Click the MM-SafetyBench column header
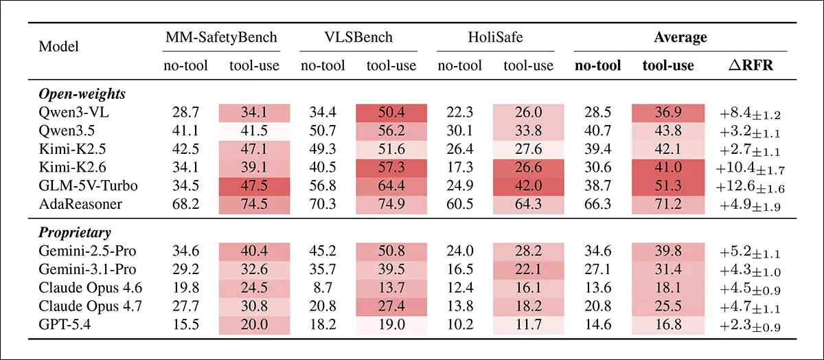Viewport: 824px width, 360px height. pyautogui.click(x=221, y=37)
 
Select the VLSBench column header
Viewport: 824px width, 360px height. pyautogui.click(x=358, y=37)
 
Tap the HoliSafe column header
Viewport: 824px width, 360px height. pyautogui.click(x=495, y=37)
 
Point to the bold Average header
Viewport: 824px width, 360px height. pyautogui.click(x=680, y=37)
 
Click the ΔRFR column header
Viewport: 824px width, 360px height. pyautogui.click(x=751, y=65)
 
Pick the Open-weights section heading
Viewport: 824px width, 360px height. pyautogui.click(x=82, y=94)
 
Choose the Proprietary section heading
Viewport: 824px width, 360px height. pyautogui.click(x=75, y=233)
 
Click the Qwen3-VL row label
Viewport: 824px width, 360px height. pyautogui.click(x=73, y=112)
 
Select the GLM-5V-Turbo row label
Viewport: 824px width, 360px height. pyautogui.click(x=88, y=185)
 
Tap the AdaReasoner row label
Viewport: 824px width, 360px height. pyautogui.click(x=80, y=204)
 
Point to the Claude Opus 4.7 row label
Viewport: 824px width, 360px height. pyautogui.click(x=90, y=306)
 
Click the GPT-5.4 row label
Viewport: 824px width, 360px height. pyautogui.click(x=65, y=325)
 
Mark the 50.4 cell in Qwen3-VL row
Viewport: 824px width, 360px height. pyautogui.click(x=391, y=113)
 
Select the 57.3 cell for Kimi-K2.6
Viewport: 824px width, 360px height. pyautogui.click(x=391, y=168)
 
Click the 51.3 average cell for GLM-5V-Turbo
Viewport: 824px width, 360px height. pyautogui.click(x=668, y=186)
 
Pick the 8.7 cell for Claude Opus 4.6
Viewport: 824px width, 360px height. pyautogui.click(x=323, y=288)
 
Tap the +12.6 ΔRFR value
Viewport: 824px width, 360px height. pyautogui.click(x=750, y=187)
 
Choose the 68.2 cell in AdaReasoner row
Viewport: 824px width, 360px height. pyautogui.click(x=185, y=204)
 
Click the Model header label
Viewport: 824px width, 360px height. pyautogui.click(x=58, y=47)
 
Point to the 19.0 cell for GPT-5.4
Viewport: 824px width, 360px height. pyautogui.click(x=391, y=325)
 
